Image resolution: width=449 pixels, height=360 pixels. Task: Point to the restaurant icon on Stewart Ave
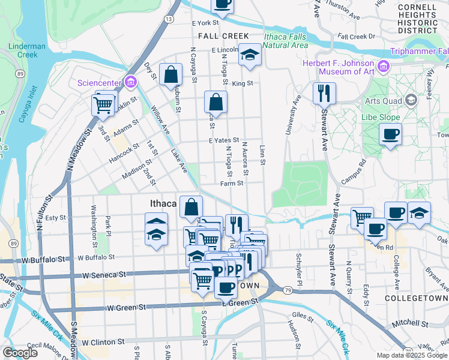pyautogui.click(x=323, y=93)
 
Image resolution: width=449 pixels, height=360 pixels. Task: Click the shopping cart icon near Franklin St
pyautogui.click(x=103, y=105)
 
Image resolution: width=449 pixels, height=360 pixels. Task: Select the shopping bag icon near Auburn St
pyautogui.click(x=171, y=76)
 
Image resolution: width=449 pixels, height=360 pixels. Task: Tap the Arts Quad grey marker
pyautogui.click(x=411, y=99)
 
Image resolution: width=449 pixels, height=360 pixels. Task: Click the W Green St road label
pyautogui.click(x=126, y=308)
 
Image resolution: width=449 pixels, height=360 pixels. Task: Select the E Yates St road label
pyautogui.click(x=224, y=140)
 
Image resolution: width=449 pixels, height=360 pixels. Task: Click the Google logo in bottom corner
pyautogui.click(x=21, y=353)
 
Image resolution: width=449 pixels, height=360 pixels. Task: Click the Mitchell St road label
pyautogui.click(x=409, y=323)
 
